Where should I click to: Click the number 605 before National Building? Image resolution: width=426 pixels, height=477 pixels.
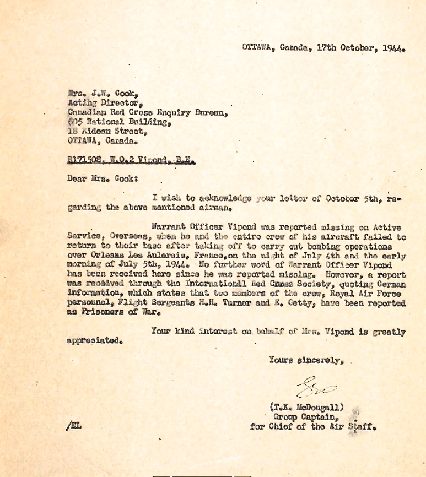click(75, 122)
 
